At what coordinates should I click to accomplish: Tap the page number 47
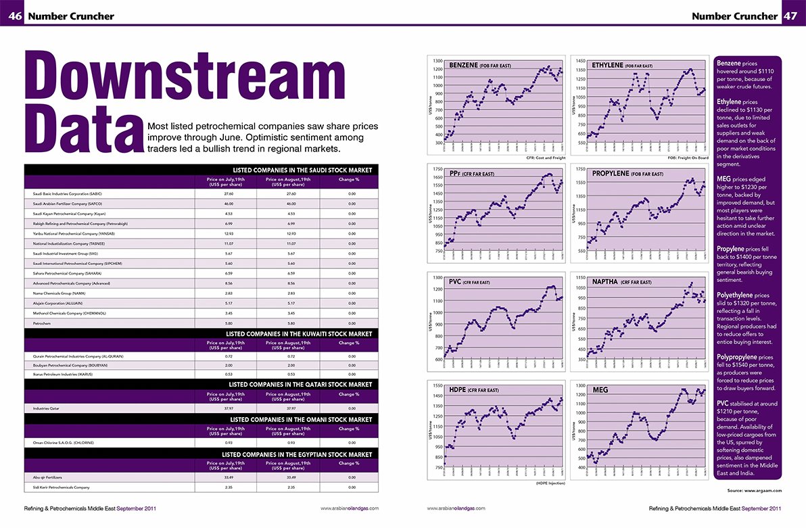[791, 16]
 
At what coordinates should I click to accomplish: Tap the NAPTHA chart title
[621, 281]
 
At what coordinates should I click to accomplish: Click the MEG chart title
[600, 390]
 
